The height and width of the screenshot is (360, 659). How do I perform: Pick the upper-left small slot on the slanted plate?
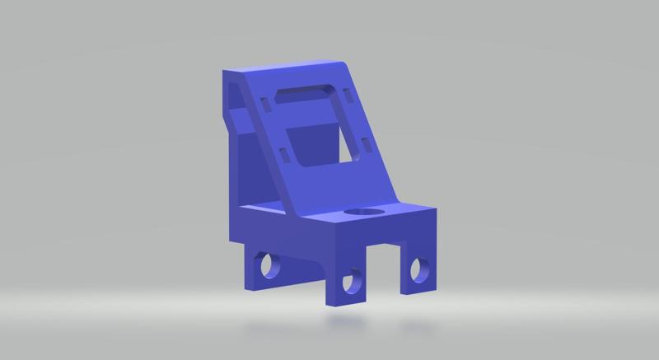point(264,104)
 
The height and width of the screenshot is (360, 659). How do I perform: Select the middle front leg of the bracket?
point(344,288)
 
